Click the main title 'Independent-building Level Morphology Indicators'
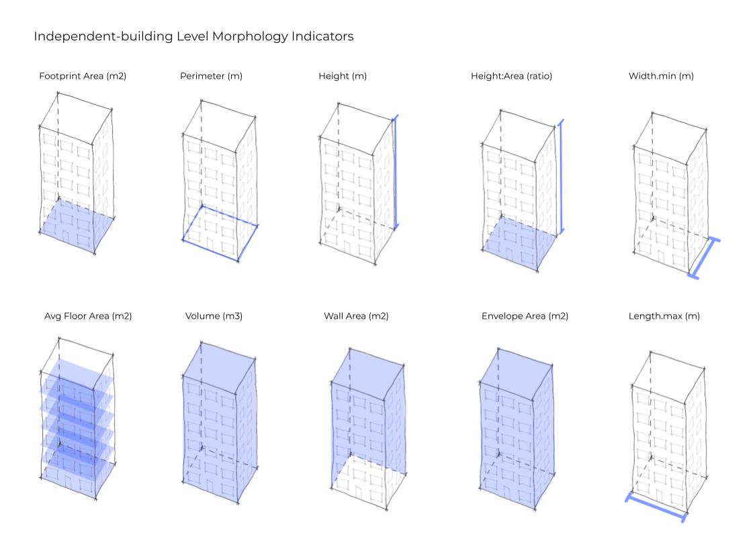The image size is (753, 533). (x=193, y=36)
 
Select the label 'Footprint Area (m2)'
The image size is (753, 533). (x=83, y=76)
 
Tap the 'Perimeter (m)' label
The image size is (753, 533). (x=211, y=76)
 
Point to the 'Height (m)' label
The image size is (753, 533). (x=343, y=76)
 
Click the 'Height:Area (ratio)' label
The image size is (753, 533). (x=511, y=76)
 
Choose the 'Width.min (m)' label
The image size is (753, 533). (x=661, y=76)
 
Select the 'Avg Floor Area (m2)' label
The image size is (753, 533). (x=88, y=316)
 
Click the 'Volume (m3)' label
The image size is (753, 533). (x=214, y=316)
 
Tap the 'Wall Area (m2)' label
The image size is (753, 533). (x=356, y=316)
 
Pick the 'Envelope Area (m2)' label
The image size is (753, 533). (x=525, y=316)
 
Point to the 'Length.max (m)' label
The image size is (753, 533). (x=664, y=316)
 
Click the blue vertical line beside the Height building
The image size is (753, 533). (x=396, y=173)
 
